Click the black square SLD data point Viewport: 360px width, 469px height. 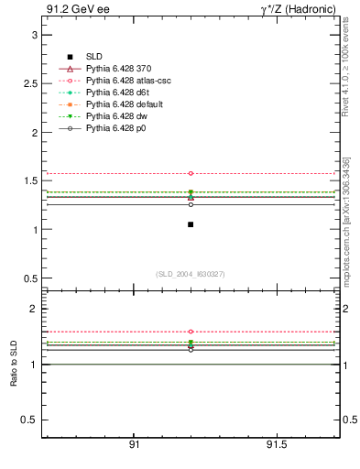[191, 224]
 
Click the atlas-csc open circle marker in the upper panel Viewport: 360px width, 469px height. [191, 173]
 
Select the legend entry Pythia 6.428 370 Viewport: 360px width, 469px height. [115, 69]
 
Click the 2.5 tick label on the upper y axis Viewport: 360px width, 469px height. [30, 83]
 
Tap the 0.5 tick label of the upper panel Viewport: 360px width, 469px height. [30, 278]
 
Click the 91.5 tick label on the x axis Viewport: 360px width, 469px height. [276, 444]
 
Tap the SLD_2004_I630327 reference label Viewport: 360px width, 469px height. [190, 274]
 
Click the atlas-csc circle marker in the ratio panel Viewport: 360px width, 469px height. [191, 332]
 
